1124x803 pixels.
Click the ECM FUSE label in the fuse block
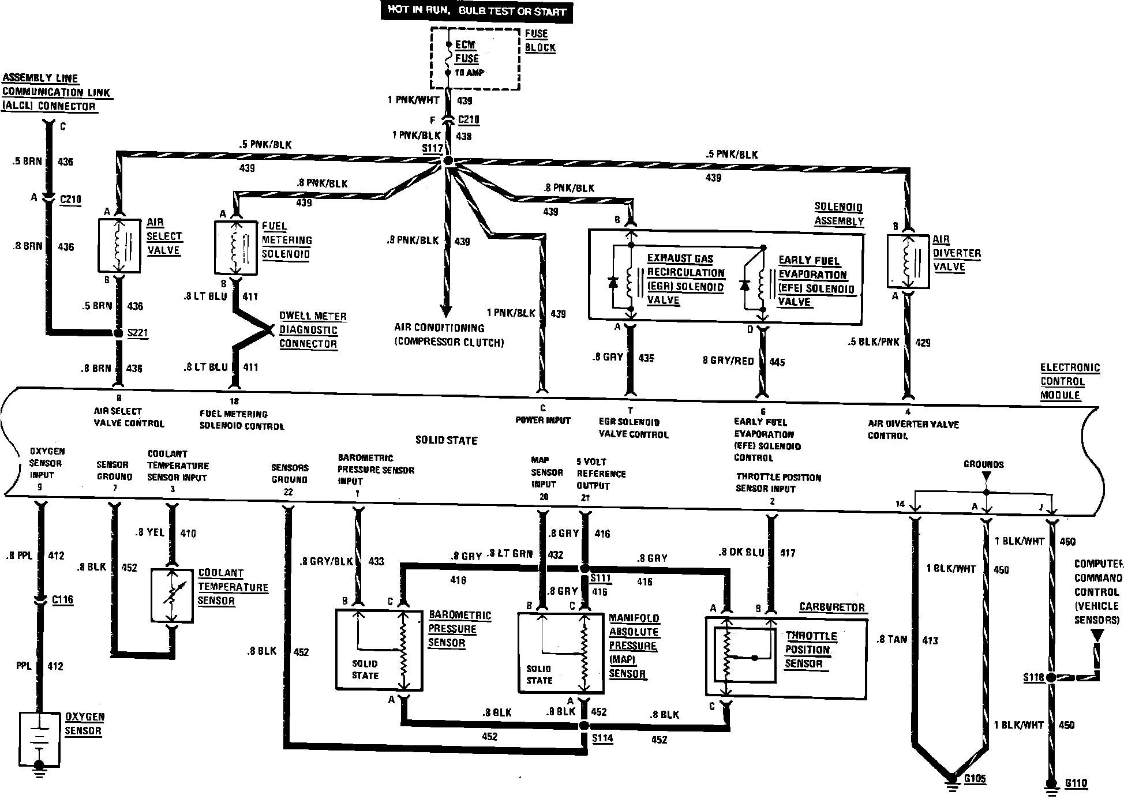point(467,52)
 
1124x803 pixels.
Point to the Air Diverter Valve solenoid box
point(908,261)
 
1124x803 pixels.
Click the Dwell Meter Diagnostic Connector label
point(313,330)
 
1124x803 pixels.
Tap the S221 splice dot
point(118,333)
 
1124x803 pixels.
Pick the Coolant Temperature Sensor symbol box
point(171,596)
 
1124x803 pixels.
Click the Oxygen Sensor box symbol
point(40,739)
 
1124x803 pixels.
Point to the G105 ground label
point(975,779)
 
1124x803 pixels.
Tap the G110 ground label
point(1076,783)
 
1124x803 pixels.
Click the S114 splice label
point(601,738)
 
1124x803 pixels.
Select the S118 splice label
point(1033,678)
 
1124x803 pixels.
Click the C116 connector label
point(62,600)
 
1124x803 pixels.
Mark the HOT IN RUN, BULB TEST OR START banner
point(476,12)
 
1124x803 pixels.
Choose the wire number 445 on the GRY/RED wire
point(777,362)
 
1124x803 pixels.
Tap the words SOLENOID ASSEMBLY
point(839,214)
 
